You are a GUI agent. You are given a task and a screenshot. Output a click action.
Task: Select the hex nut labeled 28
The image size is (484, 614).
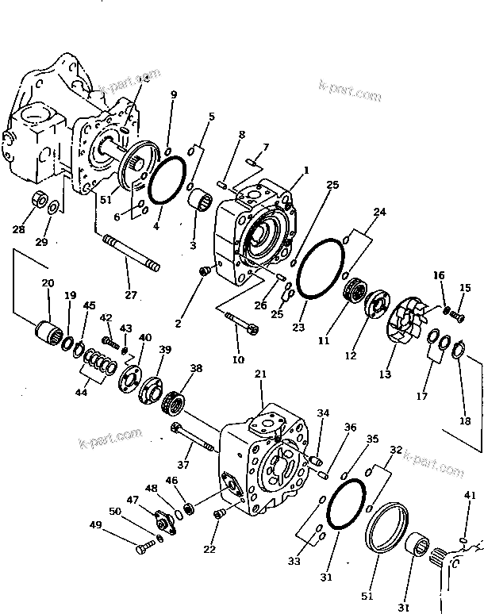click(37, 199)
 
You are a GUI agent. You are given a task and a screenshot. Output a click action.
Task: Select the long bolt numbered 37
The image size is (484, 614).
click(193, 439)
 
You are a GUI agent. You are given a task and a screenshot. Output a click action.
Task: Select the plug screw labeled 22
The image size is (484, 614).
click(219, 516)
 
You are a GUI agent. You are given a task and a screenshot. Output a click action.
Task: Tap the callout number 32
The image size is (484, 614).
click(396, 449)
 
